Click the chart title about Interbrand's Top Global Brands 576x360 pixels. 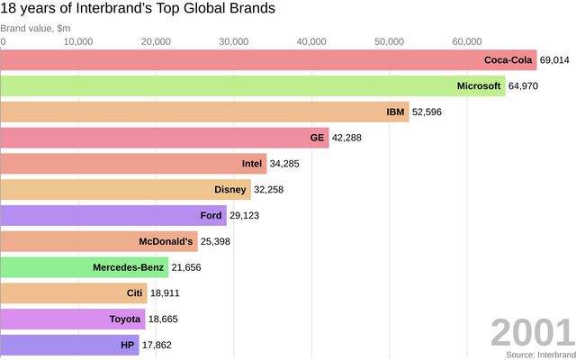(x=138, y=9)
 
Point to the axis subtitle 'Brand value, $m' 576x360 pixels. (x=35, y=29)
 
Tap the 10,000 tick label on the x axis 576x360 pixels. (x=78, y=41)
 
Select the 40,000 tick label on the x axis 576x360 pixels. (x=310, y=41)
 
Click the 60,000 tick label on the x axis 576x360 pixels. (x=466, y=41)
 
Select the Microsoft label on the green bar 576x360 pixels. (x=479, y=86)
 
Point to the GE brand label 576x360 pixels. (x=317, y=138)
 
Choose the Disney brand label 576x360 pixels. (x=230, y=190)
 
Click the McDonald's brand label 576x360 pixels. (x=166, y=242)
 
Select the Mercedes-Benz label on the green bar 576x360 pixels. (x=129, y=268)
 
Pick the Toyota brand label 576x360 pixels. (x=125, y=319)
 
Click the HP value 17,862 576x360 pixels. (x=157, y=346)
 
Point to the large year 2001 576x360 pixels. (x=531, y=333)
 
